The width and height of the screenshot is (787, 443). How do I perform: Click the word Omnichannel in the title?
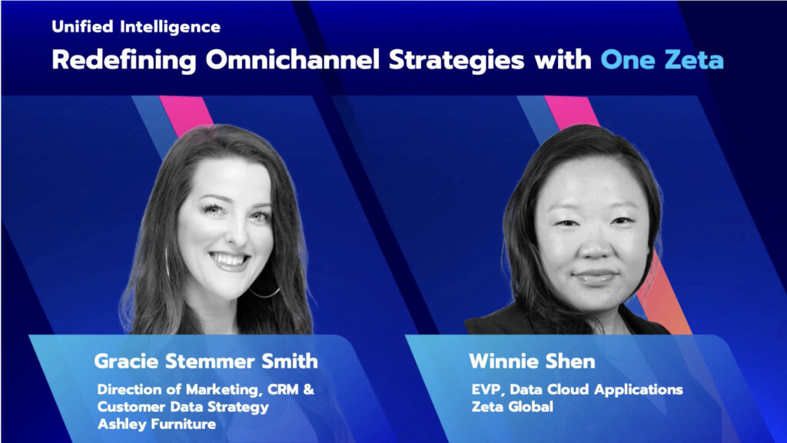tap(293, 59)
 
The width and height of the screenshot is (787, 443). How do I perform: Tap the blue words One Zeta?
tap(662, 59)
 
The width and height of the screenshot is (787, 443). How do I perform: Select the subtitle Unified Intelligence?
tap(136, 27)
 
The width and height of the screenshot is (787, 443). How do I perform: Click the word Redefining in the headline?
tap(124, 60)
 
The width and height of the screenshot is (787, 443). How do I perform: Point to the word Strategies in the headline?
tap(457, 60)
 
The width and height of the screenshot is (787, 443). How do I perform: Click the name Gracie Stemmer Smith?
tap(206, 361)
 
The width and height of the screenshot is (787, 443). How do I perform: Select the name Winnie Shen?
tap(532, 361)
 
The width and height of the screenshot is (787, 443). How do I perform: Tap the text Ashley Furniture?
tap(157, 424)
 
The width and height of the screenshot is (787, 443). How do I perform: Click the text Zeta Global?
tap(513, 406)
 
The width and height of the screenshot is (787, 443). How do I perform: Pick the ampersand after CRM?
tap(309, 389)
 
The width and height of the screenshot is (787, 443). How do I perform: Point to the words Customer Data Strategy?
tap(183, 407)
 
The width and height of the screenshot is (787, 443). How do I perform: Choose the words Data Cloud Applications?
tap(596, 389)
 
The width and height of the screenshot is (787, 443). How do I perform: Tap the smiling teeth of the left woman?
tap(230, 260)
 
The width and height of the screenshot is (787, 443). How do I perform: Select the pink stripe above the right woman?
tap(572, 112)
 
